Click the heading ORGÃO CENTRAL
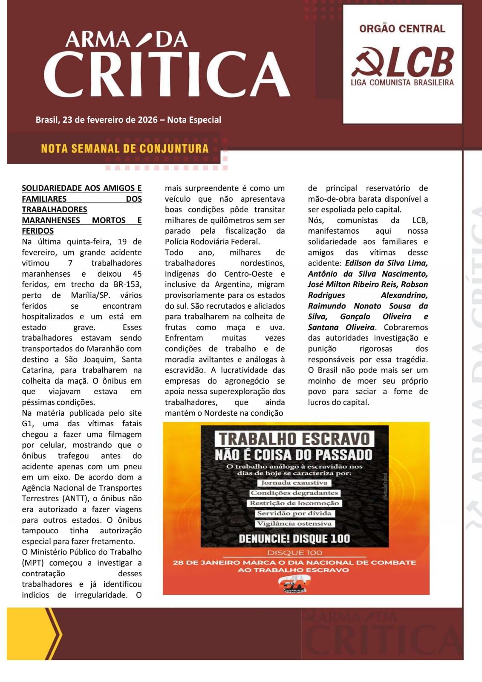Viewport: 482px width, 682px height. coord(402,29)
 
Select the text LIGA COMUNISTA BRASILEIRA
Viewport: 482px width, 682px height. coord(402,82)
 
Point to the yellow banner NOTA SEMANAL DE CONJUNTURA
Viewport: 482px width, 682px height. coord(124,148)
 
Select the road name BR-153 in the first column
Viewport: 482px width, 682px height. coord(128,284)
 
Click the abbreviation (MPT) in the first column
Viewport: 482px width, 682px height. coord(33,563)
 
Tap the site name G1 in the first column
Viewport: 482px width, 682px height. coord(27,424)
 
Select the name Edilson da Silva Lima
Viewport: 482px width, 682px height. coord(386,263)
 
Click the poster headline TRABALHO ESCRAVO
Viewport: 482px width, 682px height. coord(294,439)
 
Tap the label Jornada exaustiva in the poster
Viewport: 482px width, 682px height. coord(294,483)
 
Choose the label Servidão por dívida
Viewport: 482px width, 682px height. coord(294,514)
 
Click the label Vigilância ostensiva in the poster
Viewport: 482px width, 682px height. coord(294,523)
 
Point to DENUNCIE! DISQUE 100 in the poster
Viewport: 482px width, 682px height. coord(294,539)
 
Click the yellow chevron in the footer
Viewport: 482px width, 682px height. coord(53,634)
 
